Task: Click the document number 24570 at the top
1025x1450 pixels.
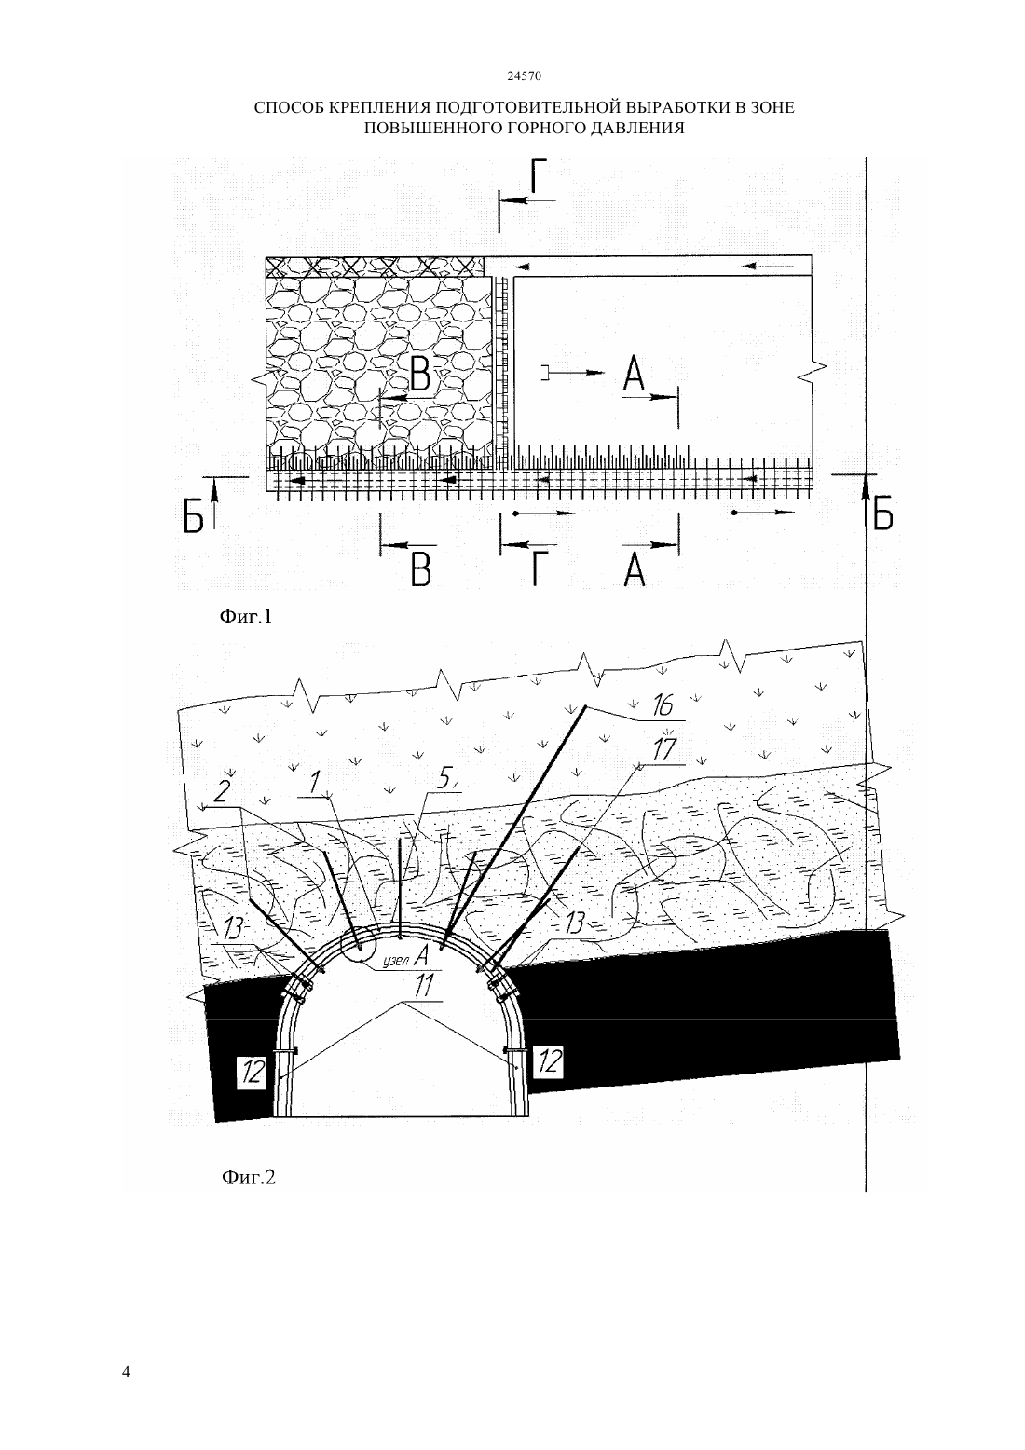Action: pyautogui.click(x=524, y=75)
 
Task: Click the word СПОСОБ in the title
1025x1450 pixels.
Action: pyautogui.click(x=289, y=107)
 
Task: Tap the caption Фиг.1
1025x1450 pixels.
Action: pyautogui.click(x=246, y=617)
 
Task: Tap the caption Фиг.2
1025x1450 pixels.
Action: pyautogui.click(x=249, y=1176)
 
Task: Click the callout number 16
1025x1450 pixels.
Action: pyautogui.click(x=662, y=705)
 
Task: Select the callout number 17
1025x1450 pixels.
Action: pyautogui.click(x=663, y=750)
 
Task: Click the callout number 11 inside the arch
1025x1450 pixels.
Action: pyautogui.click(x=424, y=986)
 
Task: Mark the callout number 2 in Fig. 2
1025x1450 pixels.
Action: pyautogui.click(x=222, y=792)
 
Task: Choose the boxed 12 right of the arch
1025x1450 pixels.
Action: pyautogui.click(x=548, y=1061)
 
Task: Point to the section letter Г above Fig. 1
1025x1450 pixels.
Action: pyautogui.click(x=541, y=176)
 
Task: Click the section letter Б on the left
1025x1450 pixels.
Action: pyautogui.click(x=193, y=516)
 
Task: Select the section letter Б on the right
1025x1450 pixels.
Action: pyautogui.click(x=882, y=514)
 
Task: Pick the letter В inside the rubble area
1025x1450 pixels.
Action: pyautogui.click(x=420, y=375)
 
